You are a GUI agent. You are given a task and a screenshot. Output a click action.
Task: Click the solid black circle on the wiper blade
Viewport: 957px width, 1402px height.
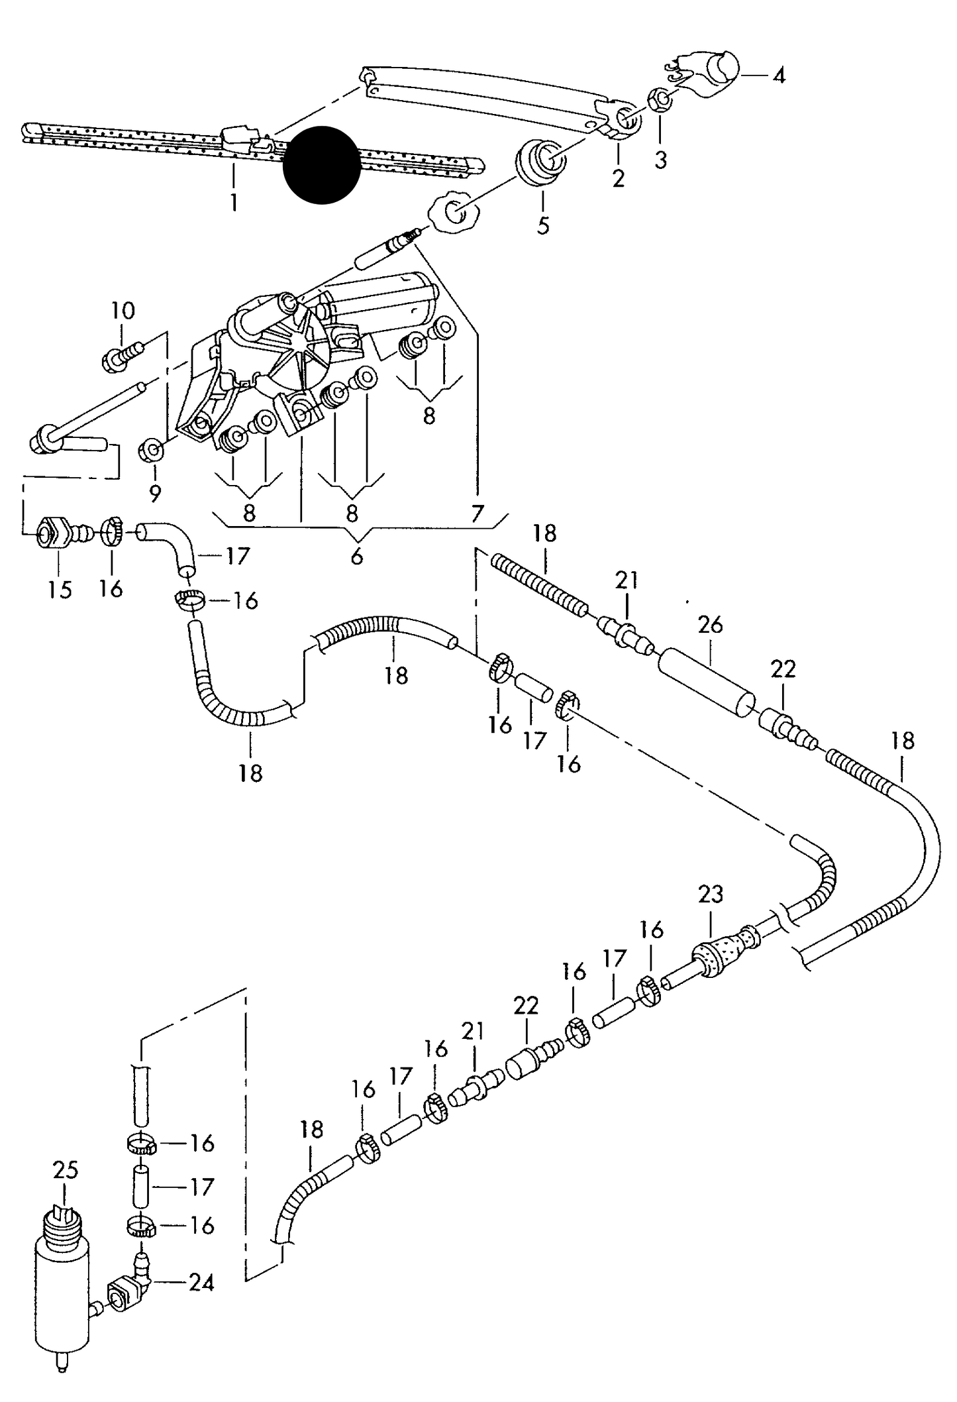point(322,165)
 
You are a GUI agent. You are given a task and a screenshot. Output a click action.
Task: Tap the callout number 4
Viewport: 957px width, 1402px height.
point(779,76)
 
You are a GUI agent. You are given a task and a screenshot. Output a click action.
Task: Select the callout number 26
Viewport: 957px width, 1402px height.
point(710,624)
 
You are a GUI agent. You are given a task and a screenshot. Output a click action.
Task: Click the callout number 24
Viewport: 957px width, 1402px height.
point(201,1283)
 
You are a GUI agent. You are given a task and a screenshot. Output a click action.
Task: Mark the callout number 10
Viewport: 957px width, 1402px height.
point(123,310)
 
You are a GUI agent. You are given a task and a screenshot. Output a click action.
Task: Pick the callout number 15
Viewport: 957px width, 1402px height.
point(60,589)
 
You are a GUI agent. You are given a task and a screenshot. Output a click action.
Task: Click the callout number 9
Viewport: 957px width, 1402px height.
point(155,493)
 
